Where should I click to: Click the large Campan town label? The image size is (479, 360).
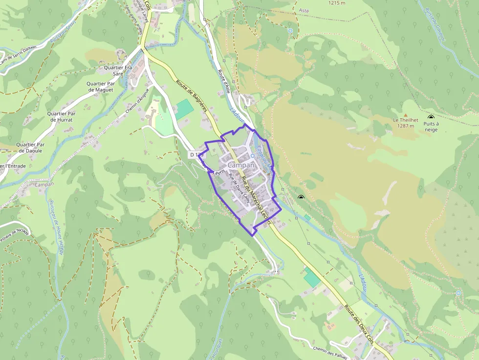pyautogui.click(x=241, y=165)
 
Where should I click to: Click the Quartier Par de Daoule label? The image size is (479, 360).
pyautogui.click(x=30, y=148)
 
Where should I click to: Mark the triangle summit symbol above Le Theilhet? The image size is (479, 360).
pyautogui.click(x=405, y=114)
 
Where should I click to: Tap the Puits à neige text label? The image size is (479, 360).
pyautogui.click(x=431, y=127)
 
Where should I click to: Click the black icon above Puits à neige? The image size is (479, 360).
pyautogui.click(x=431, y=117)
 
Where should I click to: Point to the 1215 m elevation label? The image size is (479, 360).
pyautogui.click(x=338, y=3)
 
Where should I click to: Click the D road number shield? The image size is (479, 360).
pyautogui.click(x=196, y=155)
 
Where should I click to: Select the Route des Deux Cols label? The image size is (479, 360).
pyautogui.click(x=359, y=325)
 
